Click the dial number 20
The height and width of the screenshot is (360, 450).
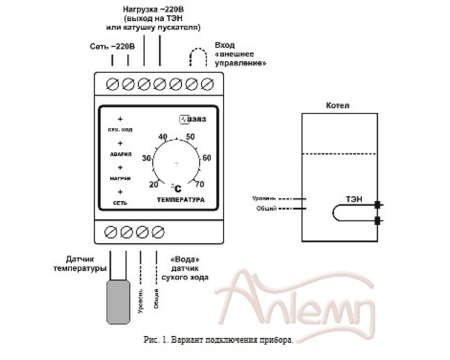click(153, 184)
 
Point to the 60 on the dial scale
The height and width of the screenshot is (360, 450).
click(207, 158)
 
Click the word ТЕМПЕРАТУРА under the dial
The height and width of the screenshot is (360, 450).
click(180, 199)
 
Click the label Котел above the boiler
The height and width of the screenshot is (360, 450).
click(337, 106)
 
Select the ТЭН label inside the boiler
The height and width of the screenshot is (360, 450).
click(354, 198)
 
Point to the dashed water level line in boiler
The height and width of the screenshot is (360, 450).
click(338, 154)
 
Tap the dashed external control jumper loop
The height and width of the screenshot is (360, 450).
click(198, 56)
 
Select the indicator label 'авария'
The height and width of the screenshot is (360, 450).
click(121, 153)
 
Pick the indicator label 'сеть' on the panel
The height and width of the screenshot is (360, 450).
click(120, 202)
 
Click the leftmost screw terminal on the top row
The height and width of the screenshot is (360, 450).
click(112, 84)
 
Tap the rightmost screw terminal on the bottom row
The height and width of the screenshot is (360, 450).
click(157, 232)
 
